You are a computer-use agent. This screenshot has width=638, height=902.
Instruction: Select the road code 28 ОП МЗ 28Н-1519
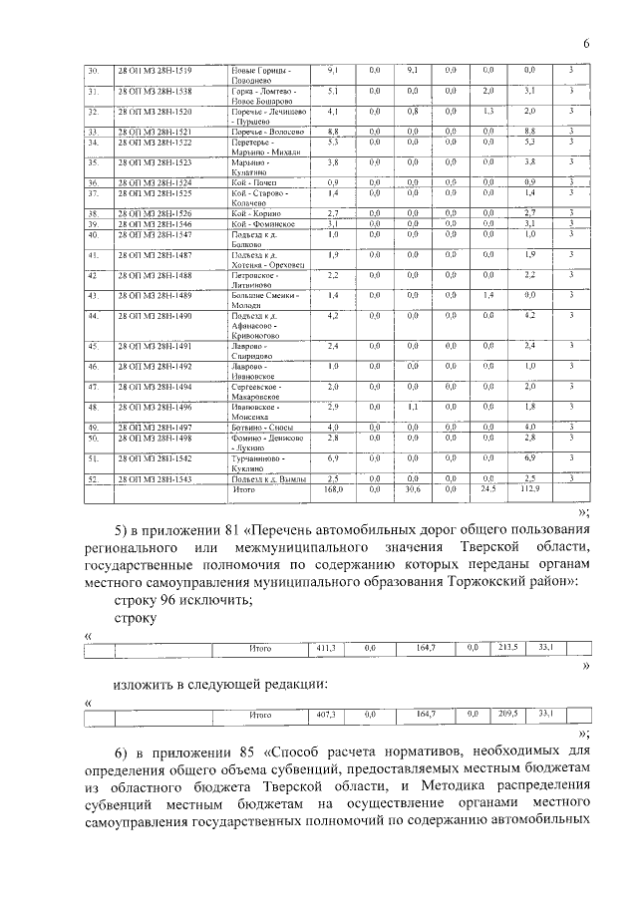tap(155, 70)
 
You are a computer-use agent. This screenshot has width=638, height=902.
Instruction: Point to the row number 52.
tap(93, 479)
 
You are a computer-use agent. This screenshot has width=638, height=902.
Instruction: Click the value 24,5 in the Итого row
tap(487, 489)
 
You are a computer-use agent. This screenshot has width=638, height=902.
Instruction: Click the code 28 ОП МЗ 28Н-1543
tap(155, 479)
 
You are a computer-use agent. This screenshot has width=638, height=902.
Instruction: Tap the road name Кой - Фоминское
tap(262, 224)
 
